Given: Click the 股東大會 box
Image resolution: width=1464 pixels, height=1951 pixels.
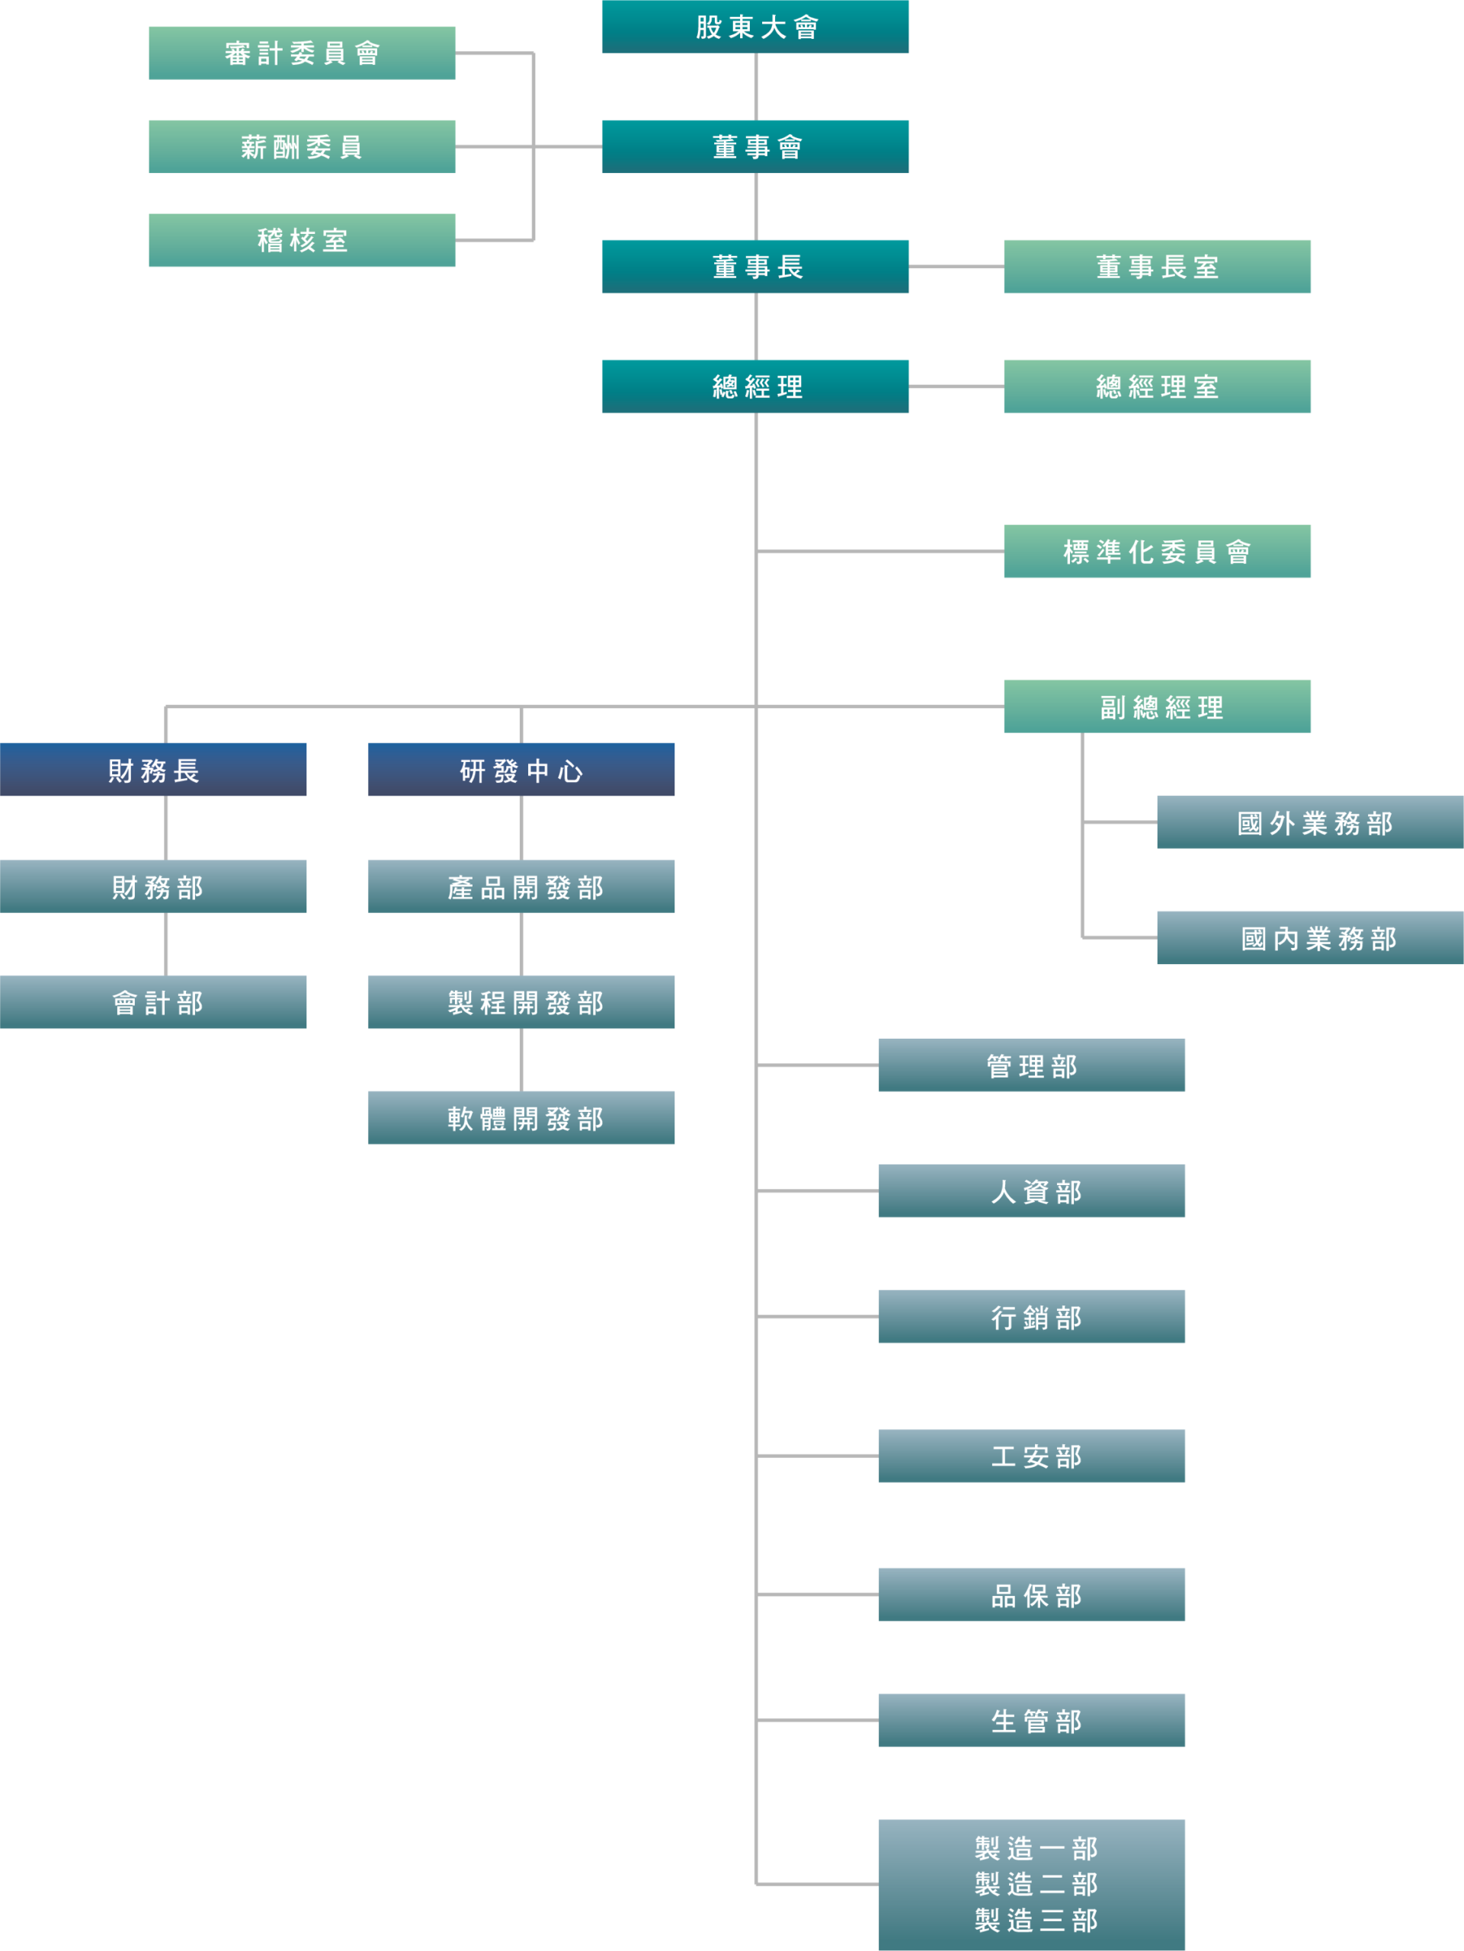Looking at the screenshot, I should pyautogui.click(x=755, y=27).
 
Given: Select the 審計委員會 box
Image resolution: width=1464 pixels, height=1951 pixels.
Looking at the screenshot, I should pyautogui.click(x=302, y=53).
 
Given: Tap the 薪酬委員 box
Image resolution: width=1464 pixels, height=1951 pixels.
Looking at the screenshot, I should pyautogui.click(x=302, y=146).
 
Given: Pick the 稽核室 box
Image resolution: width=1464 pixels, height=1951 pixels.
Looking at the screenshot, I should pyautogui.click(x=302, y=240).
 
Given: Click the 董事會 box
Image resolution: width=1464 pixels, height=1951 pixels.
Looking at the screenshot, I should pyautogui.click(x=755, y=146).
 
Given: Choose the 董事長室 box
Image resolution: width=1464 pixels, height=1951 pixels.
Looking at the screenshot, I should pyautogui.click(x=1157, y=267).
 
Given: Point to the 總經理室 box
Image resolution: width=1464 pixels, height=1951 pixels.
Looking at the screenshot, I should pyautogui.click(x=1157, y=386).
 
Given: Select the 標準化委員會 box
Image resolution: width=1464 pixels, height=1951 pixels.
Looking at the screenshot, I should pyautogui.click(x=1157, y=551).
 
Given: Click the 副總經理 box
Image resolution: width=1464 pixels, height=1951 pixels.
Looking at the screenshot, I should pyautogui.click(x=1157, y=706).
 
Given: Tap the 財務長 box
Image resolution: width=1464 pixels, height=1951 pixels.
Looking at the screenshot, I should pyautogui.click(x=153, y=770).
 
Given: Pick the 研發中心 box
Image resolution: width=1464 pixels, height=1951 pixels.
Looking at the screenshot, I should pyautogui.click(x=521, y=770).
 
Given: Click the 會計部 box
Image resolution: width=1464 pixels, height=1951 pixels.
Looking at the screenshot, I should pyautogui.click(x=153, y=1002).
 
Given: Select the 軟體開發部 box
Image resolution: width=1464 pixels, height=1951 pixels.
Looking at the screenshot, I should pyautogui.click(x=521, y=1117).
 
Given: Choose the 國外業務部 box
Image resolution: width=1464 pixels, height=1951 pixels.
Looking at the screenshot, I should pyautogui.click(x=1311, y=822).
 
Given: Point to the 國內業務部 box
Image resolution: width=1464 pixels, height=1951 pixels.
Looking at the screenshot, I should pyautogui.click(x=1311, y=937).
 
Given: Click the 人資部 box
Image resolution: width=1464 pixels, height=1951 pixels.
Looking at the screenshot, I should pyautogui.click(x=1032, y=1190).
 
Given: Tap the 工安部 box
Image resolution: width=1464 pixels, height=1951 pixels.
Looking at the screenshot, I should pyautogui.click(x=1032, y=1456).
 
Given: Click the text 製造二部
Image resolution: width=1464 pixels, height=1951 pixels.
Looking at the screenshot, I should pyautogui.click(x=1036, y=1885).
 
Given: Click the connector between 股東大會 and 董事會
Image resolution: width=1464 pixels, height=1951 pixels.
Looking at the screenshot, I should pyautogui.click(x=756, y=86).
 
